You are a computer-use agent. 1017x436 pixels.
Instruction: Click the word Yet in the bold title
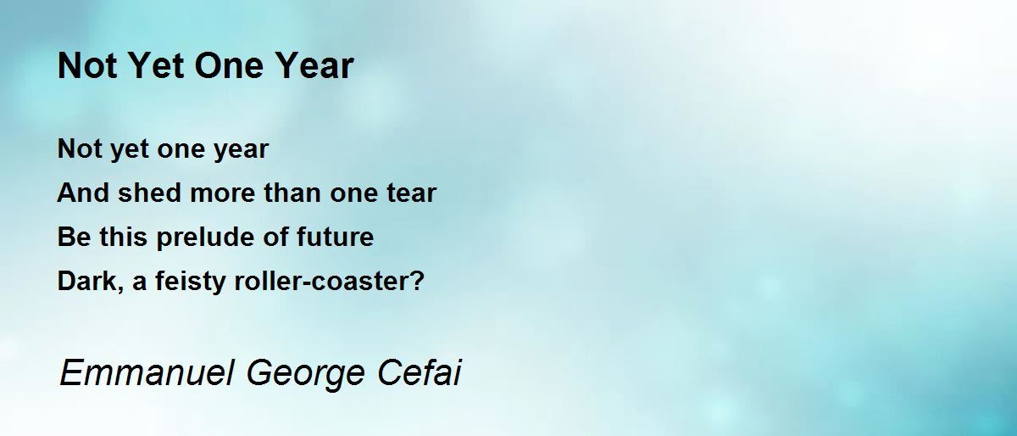pyautogui.click(x=157, y=65)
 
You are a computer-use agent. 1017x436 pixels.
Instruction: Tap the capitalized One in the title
pyautogui.click(x=230, y=65)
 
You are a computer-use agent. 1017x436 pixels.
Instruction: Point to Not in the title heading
pyautogui.click(x=88, y=65)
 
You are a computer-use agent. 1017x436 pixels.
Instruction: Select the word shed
pyautogui.click(x=150, y=193)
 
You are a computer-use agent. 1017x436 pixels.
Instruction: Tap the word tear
pyautogui.click(x=411, y=193)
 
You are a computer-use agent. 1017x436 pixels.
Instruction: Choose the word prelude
pyautogui.click(x=205, y=237)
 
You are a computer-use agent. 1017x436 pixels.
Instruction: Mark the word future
pyautogui.click(x=335, y=237)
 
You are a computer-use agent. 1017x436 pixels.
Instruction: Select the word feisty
pyautogui.click(x=190, y=282)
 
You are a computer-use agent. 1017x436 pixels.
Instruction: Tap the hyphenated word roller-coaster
pyautogui.click(x=325, y=281)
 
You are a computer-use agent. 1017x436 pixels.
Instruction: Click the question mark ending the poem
pyautogui.click(x=419, y=281)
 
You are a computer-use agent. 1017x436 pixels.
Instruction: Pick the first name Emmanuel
pyautogui.click(x=147, y=372)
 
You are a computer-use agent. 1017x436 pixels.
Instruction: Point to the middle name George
pyautogui.click(x=306, y=374)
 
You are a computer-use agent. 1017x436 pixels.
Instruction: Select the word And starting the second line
pyautogui.click(x=83, y=193)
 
